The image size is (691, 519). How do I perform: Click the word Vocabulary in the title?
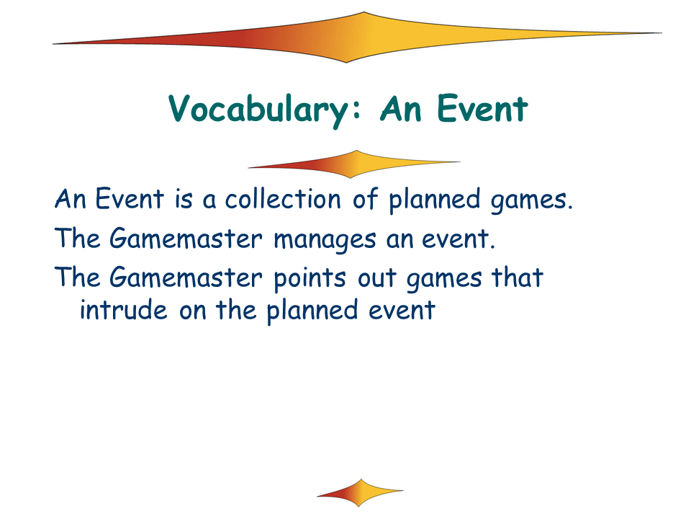coord(265,110)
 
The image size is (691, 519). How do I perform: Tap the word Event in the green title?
coord(482,108)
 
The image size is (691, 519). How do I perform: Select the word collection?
coord(283,199)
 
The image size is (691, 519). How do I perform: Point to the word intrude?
coord(123,309)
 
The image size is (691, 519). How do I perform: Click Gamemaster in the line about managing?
coord(186,239)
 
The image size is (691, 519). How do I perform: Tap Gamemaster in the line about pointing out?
coord(186,278)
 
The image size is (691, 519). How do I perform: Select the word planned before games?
coord(434,200)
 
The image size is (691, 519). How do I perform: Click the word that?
coord(518,278)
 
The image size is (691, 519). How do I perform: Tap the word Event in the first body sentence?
coord(130,199)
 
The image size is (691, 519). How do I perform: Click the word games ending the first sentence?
coord(531,201)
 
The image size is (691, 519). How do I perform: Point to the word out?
coord(376,280)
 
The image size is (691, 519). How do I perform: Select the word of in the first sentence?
coord(365,199)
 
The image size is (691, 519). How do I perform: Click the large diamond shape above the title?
coord(357,37)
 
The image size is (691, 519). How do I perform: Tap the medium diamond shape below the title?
coord(354,164)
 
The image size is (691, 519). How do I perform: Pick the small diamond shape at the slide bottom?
coord(360,493)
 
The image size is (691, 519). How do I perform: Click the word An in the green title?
coord(401,109)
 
